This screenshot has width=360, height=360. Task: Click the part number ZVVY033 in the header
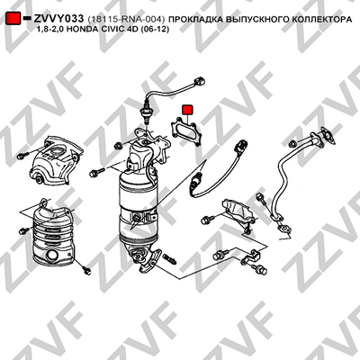(58, 19)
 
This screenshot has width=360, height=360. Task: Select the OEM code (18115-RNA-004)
(126, 20)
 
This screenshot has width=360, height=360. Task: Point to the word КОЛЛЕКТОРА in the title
(322, 20)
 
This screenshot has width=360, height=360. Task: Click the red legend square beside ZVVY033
(13, 19)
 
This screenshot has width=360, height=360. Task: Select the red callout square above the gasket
(188, 110)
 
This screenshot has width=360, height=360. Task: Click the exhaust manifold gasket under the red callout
(186, 132)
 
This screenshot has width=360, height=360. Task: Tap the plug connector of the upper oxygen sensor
(199, 81)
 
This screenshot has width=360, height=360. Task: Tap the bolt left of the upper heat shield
(22, 156)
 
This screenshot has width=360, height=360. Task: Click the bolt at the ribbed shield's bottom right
(86, 270)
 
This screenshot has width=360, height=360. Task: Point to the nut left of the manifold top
(118, 146)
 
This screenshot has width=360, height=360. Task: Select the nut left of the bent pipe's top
(292, 144)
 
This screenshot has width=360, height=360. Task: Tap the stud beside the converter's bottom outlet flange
(170, 259)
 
